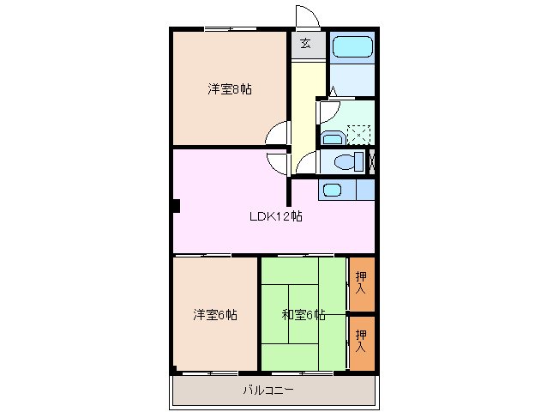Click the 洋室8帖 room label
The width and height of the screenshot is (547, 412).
click(x=229, y=89)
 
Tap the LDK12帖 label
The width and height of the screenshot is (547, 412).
click(x=275, y=216)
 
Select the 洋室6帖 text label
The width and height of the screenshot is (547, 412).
click(x=214, y=315)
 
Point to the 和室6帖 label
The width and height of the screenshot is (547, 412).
click(x=304, y=315)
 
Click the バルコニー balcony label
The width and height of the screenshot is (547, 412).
click(x=267, y=391)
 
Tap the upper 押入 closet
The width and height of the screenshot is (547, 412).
click(x=361, y=283)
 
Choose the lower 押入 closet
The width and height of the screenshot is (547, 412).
click(x=361, y=341)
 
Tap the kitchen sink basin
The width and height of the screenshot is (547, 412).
click(x=331, y=190)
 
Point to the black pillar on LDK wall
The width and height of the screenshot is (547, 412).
click(x=175, y=205)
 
